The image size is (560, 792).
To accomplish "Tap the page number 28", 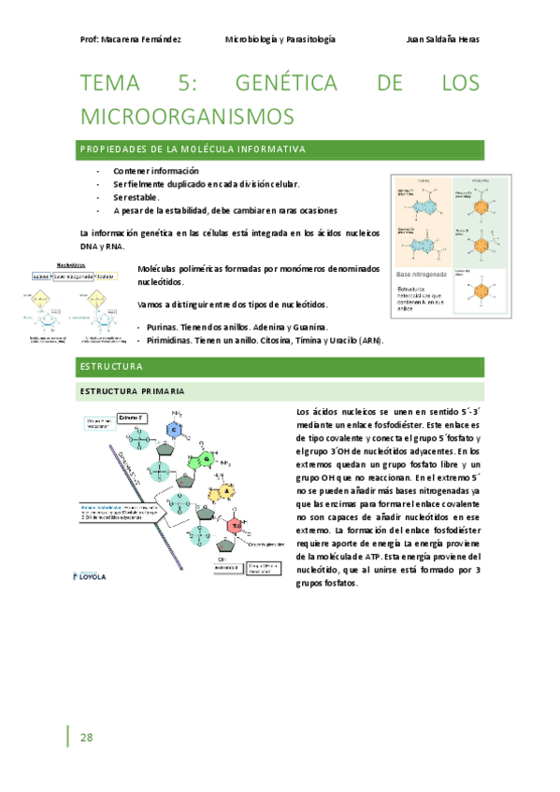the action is [87, 737].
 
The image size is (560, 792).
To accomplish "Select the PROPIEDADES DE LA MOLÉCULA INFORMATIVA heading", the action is [193, 149].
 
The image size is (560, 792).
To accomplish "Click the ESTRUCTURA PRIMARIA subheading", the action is [132, 390].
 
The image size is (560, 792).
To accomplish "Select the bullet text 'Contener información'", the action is [156, 172].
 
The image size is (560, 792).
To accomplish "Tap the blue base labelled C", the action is [173, 428].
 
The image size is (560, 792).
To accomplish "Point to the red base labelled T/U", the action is [237, 526].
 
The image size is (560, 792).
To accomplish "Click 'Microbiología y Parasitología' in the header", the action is [280, 39].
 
